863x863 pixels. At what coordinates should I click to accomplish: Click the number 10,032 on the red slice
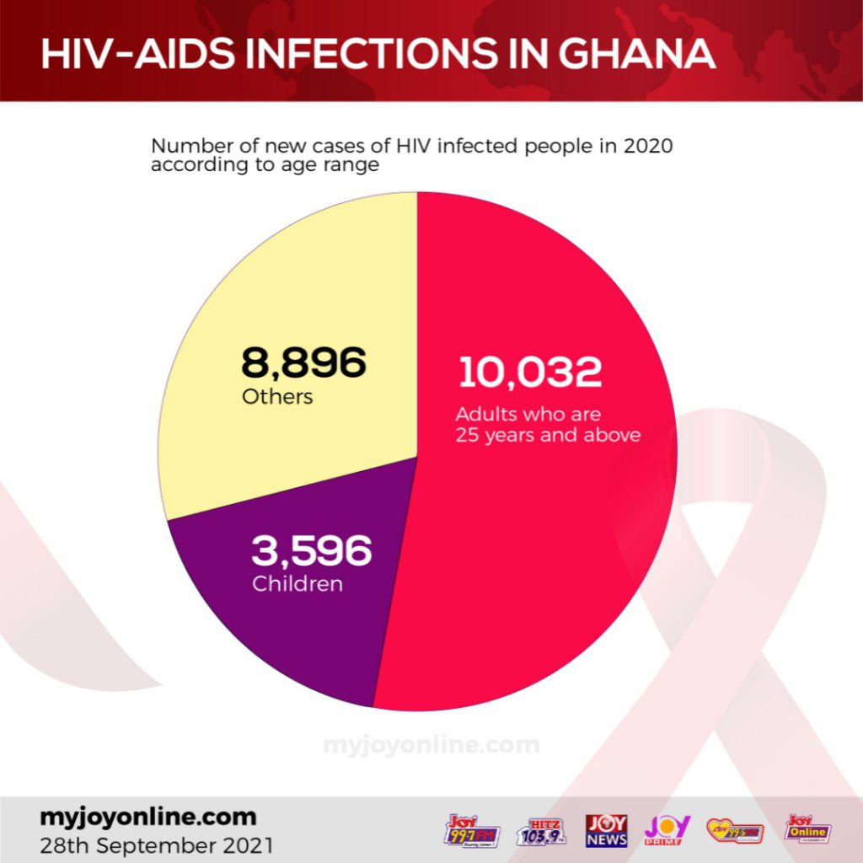point(530,373)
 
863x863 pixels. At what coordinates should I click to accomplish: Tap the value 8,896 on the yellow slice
point(304,363)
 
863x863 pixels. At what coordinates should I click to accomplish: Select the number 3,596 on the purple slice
point(311,551)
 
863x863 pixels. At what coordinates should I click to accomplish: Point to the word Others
point(277,396)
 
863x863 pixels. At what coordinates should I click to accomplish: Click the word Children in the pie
point(297,583)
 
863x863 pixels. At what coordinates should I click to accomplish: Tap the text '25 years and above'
point(549,436)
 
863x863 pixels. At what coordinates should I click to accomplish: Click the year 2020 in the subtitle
point(648,147)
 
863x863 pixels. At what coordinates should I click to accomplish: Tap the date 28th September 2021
point(157,842)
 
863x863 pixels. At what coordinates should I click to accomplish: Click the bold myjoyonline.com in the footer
point(147,817)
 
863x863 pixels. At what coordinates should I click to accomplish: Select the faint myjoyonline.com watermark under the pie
point(431,745)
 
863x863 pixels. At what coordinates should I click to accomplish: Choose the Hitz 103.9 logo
point(541,830)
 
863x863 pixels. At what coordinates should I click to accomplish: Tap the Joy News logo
point(607,830)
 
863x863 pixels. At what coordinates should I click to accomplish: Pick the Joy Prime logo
point(667,829)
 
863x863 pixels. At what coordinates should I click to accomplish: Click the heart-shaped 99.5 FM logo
point(735,830)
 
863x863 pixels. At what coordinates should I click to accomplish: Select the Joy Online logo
point(807,829)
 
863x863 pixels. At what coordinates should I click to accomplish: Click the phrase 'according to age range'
point(263,165)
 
